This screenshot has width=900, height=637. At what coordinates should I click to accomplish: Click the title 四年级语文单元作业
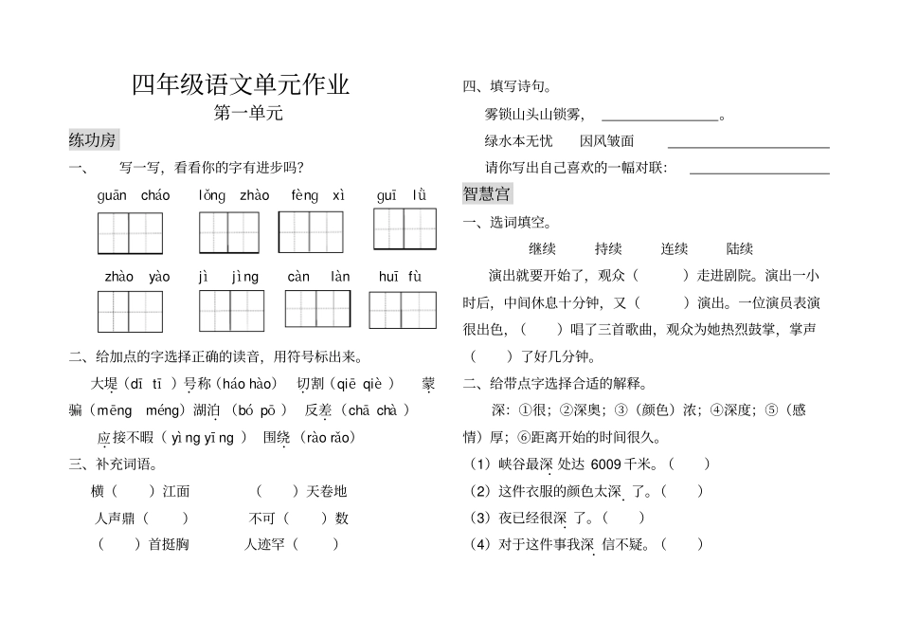click(241, 84)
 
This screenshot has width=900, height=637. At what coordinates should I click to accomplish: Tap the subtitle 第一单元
click(249, 114)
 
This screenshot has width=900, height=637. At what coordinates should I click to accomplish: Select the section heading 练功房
click(93, 140)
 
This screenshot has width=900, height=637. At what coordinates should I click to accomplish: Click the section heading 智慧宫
click(487, 193)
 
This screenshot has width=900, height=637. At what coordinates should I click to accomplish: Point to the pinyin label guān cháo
click(134, 196)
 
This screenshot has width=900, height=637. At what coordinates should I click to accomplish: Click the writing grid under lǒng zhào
click(229, 232)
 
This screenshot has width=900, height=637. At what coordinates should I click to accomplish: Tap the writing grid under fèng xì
click(311, 231)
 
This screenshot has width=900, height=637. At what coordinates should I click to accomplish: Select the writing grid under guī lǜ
click(405, 228)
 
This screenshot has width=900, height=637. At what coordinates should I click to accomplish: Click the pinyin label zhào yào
click(137, 277)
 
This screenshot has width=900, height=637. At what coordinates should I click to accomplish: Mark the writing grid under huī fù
click(403, 310)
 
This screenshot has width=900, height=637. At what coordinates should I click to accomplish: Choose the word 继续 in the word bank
click(542, 249)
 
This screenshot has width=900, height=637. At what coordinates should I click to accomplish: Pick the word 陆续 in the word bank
click(739, 249)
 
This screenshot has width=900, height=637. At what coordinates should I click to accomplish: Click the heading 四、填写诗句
click(508, 87)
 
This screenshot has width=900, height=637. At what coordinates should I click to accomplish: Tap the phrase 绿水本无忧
click(518, 141)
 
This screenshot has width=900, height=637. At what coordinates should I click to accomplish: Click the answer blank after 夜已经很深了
click(623, 518)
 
